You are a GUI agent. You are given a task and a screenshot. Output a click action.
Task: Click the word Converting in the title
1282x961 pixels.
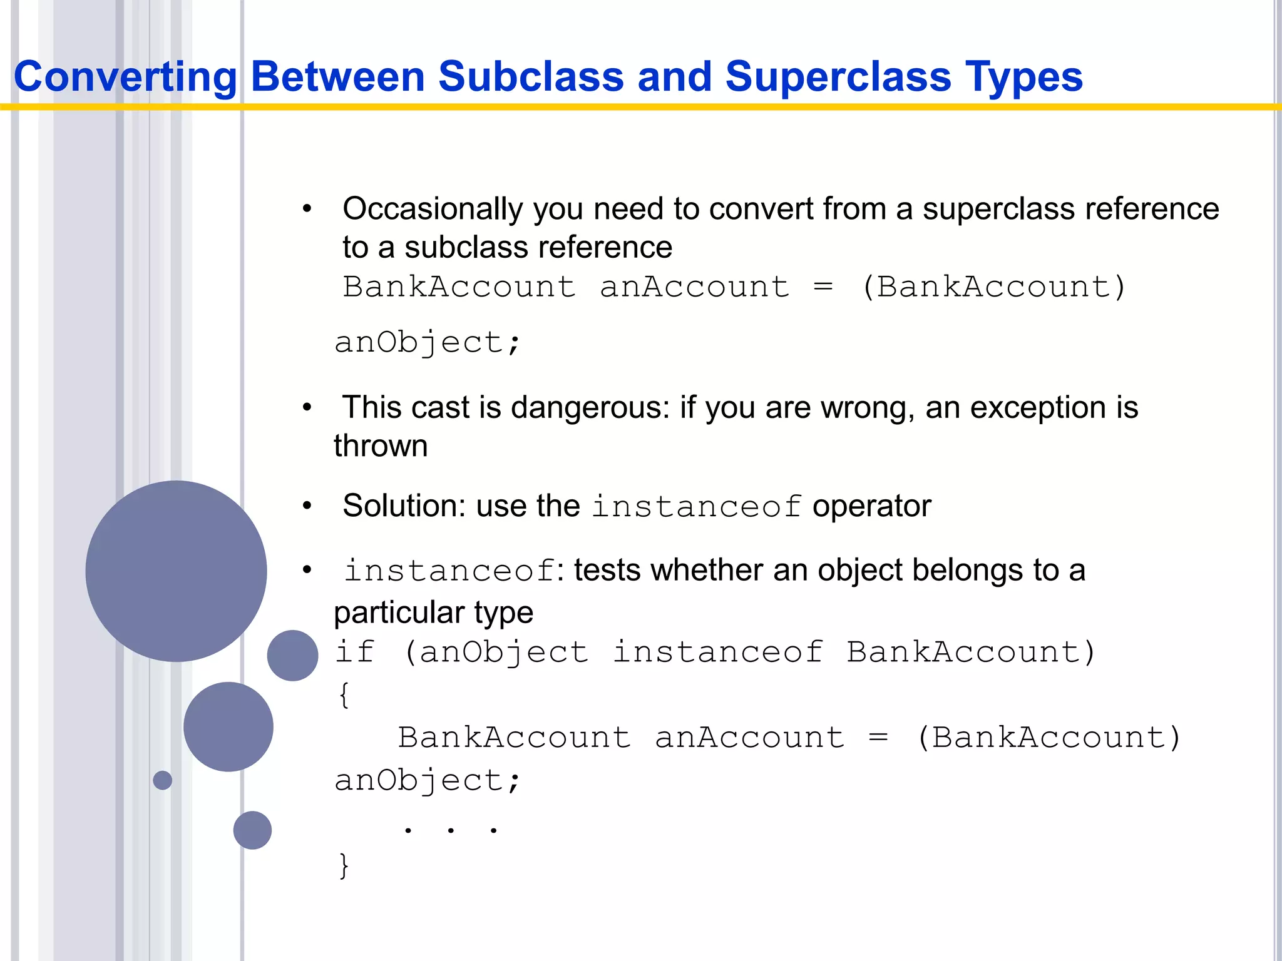click(125, 77)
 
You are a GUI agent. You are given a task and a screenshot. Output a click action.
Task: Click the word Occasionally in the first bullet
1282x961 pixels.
click(432, 209)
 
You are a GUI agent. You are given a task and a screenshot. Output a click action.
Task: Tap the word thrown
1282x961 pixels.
click(381, 447)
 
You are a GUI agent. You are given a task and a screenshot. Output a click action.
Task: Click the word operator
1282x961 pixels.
click(871, 506)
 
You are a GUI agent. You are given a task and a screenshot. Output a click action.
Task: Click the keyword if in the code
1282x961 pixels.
click(354, 652)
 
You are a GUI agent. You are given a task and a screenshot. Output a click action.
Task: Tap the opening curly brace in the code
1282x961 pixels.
click(344, 694)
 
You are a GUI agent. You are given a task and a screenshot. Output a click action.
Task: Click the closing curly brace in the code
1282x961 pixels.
click(344, 866)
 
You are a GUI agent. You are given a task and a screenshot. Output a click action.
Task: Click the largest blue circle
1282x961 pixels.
click(176, 571)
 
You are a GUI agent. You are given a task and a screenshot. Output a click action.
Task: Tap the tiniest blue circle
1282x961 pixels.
click(163, 780)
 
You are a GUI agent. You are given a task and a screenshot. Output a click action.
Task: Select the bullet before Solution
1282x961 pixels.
click(307, 506)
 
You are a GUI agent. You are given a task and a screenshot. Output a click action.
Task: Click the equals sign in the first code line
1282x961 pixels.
click(823, 287)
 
